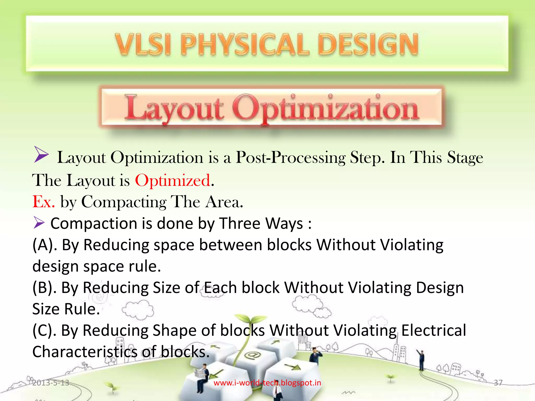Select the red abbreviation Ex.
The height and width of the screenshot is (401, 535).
[44, 202]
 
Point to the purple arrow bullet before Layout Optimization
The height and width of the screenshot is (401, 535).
[41, 155]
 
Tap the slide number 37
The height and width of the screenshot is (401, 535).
[498, 383]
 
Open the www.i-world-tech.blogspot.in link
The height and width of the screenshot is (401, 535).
[267, 383]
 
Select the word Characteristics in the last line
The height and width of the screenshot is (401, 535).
[85, 352]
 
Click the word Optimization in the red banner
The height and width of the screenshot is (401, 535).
[325, 109]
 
